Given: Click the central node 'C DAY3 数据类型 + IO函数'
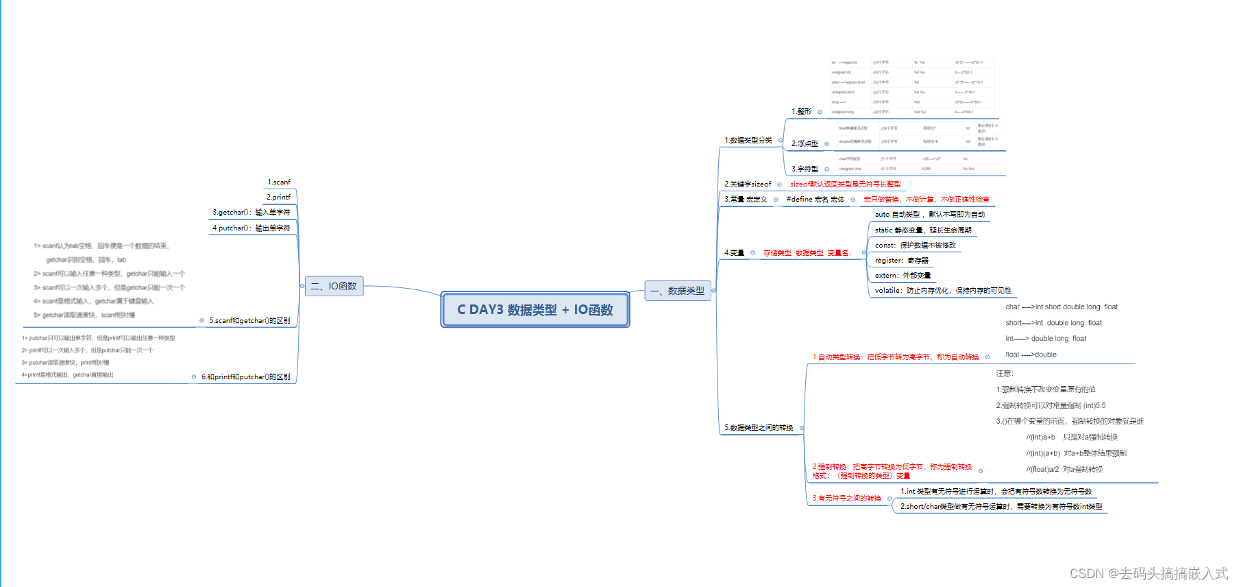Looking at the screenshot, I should point(535,310).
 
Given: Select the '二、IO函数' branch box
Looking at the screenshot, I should point(334,286).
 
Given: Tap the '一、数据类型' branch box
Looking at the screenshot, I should point(677,291).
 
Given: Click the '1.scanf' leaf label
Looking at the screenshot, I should point(279,182).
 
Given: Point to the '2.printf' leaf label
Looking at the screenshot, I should point(278,197).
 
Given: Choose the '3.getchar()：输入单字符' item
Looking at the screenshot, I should point(252,213).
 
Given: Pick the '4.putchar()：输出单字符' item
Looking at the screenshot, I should point(252,228).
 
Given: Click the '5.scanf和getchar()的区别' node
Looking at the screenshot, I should point(249,321).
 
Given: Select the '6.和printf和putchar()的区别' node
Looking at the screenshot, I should point(245,377).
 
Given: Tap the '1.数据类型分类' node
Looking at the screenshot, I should point(748,141).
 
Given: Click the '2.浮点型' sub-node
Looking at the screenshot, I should point(805,144).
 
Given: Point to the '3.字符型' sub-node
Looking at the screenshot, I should point(805,169).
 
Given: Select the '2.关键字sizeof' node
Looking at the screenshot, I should point(748,184).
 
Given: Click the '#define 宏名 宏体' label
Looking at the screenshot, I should point(815,200).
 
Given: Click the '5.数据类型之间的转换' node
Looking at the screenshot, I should point(759,428).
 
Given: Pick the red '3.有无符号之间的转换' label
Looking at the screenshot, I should point(846,499).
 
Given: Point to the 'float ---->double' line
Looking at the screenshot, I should point(1031,355).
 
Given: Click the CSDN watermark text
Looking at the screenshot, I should point(1149,573).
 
